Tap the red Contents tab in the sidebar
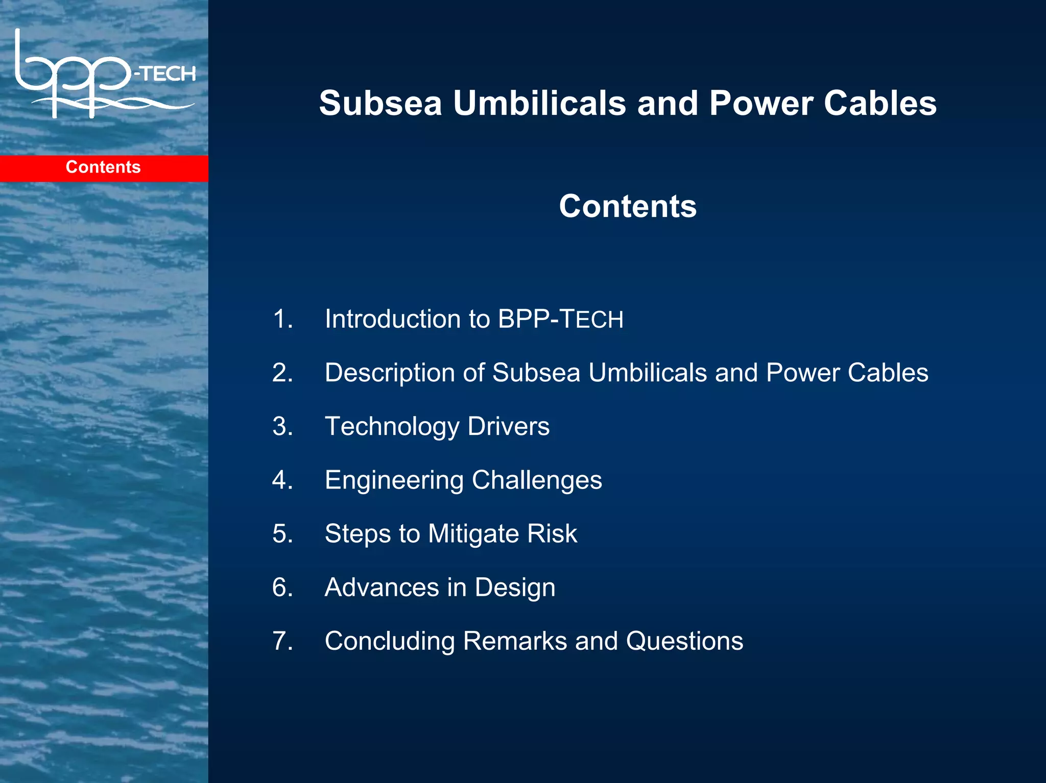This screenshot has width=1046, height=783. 104,167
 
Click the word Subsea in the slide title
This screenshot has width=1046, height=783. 380,104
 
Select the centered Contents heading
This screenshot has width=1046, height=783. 627,206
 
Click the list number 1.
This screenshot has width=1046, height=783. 282,319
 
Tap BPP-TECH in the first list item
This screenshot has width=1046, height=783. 560,319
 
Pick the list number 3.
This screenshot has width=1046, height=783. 282,426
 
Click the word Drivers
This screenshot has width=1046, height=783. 508,426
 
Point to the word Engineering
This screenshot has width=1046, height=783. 394,480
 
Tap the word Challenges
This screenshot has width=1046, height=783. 537,480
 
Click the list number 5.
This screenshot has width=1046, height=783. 282,534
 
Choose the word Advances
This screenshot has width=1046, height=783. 382,588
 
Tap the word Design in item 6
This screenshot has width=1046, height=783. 515,588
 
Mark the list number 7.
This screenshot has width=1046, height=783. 282,641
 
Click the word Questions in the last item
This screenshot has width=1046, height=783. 684,641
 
